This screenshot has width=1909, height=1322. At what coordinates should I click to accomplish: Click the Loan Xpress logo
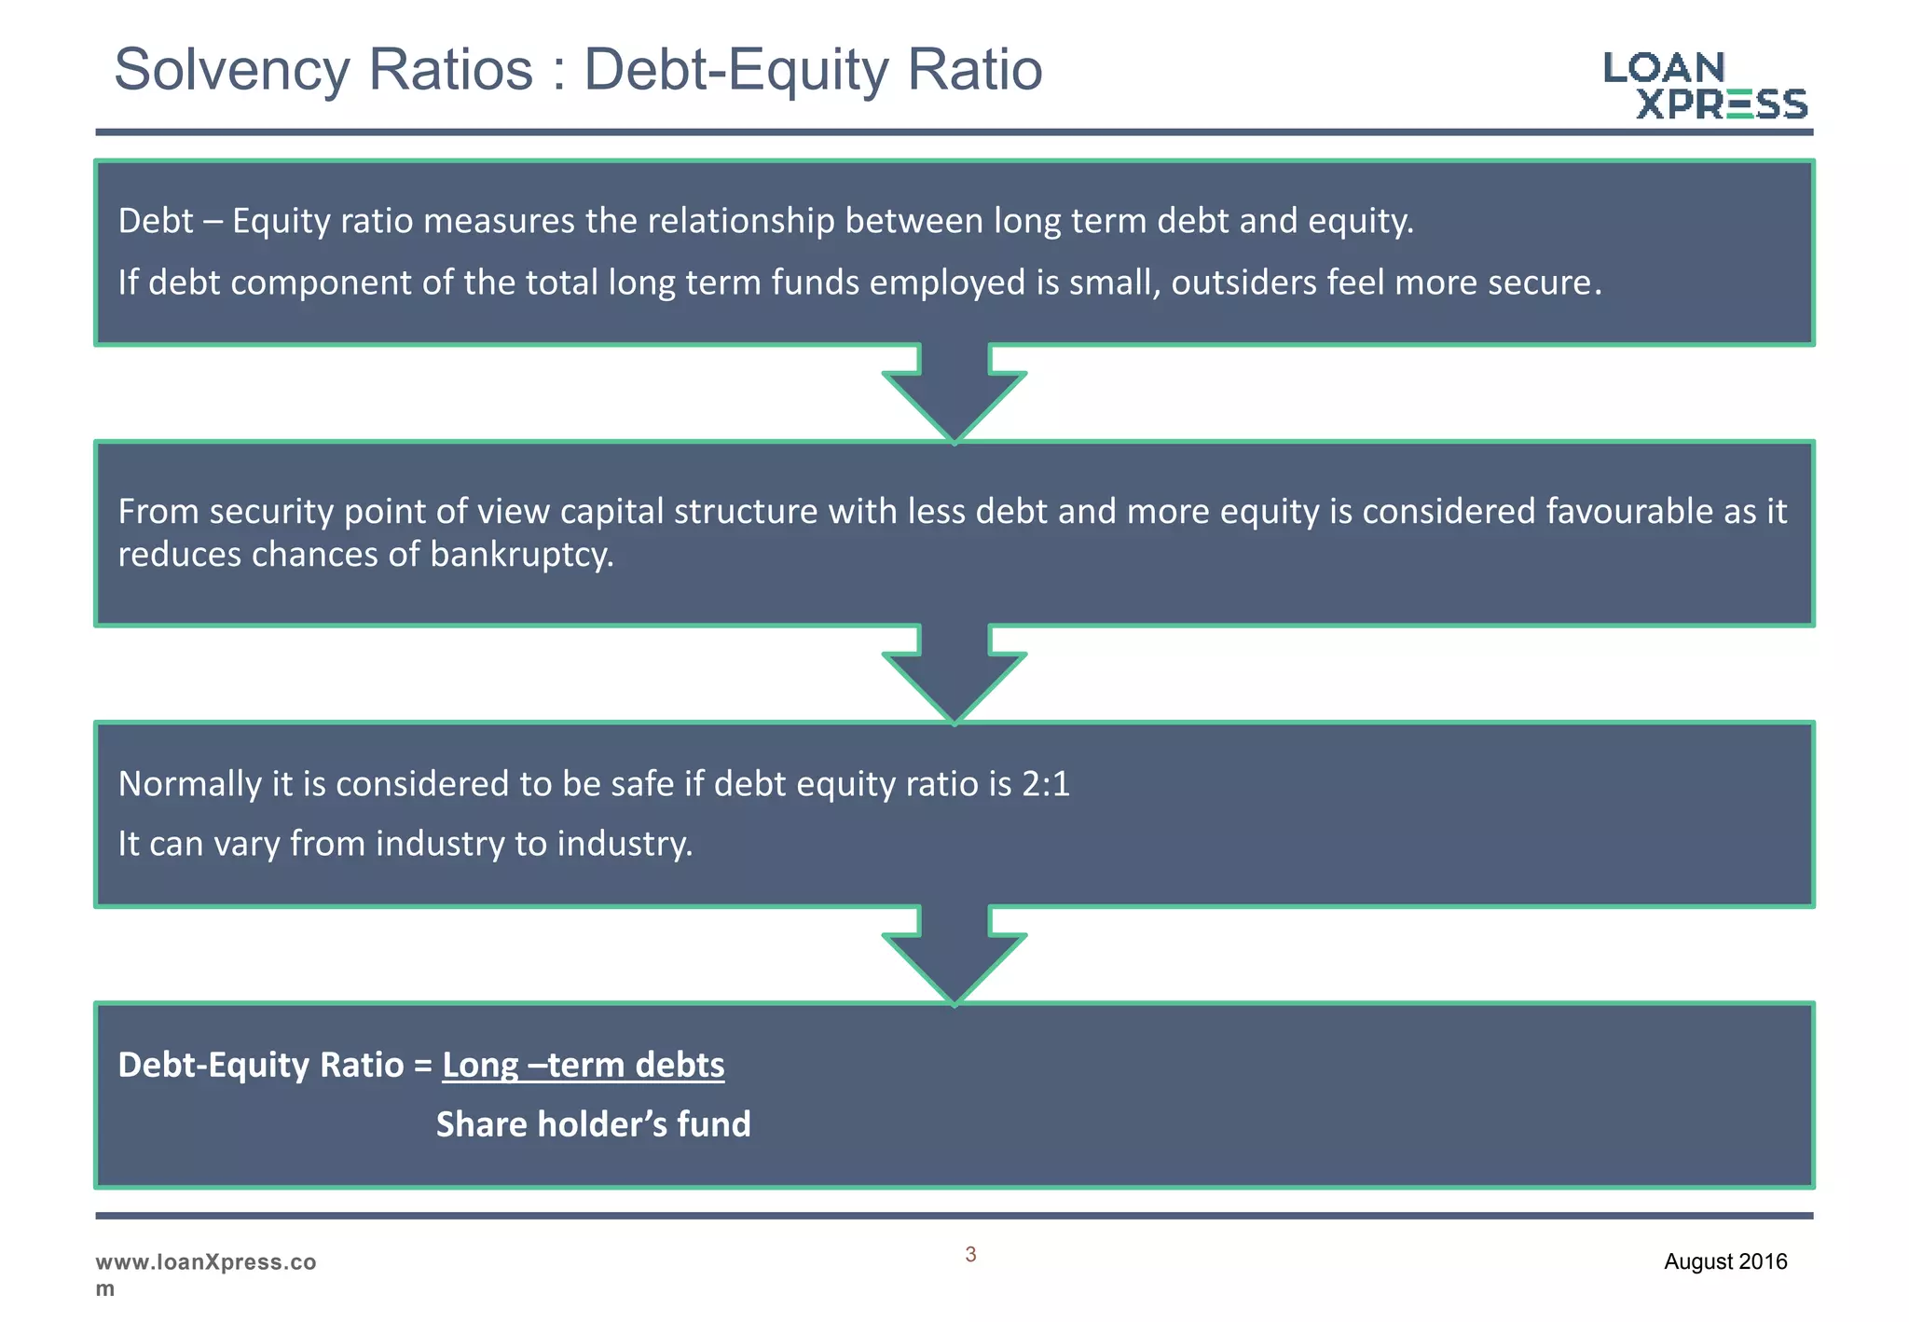(1705, 86)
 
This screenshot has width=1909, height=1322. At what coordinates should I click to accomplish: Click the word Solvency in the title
(230, 70)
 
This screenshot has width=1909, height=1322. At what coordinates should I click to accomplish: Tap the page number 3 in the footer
(970, 1255)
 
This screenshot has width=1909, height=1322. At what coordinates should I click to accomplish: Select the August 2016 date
(1725, 1261)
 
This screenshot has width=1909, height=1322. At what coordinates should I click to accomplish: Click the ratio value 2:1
(1046, 784)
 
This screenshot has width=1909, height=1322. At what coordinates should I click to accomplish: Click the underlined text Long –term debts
(583, 1065)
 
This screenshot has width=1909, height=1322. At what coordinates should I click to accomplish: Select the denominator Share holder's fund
(593, 1124)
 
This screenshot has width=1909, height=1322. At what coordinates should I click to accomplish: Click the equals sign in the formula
(423, 1066)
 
